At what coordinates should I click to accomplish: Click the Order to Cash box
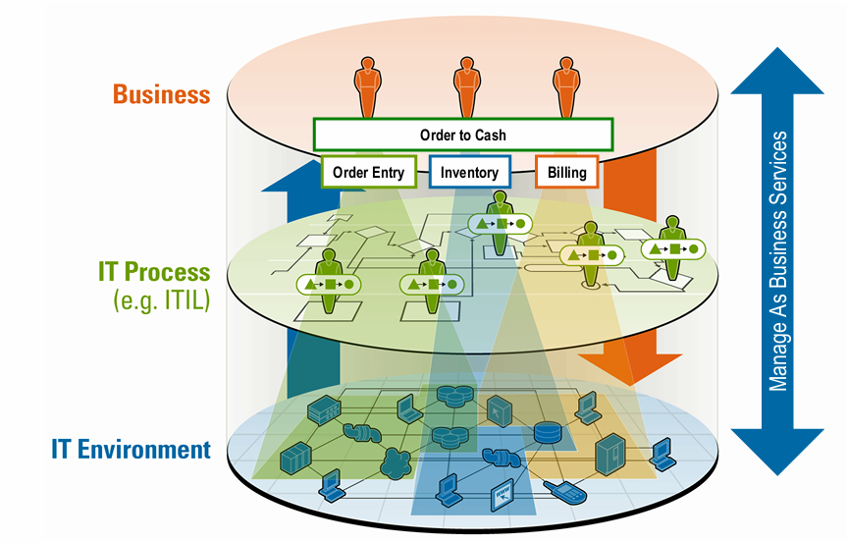pos(462,135)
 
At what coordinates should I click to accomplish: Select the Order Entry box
pos(368,173)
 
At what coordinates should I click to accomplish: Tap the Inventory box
pos(469,173)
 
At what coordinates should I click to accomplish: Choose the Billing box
pos(566,173)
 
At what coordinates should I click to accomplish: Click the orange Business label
pos(161,94)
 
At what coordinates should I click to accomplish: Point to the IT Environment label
pos(131,451)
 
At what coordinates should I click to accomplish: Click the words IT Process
pos(154,271)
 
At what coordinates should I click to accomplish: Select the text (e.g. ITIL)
pos(161,300)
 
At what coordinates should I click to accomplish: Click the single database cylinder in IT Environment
pos(546,432)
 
